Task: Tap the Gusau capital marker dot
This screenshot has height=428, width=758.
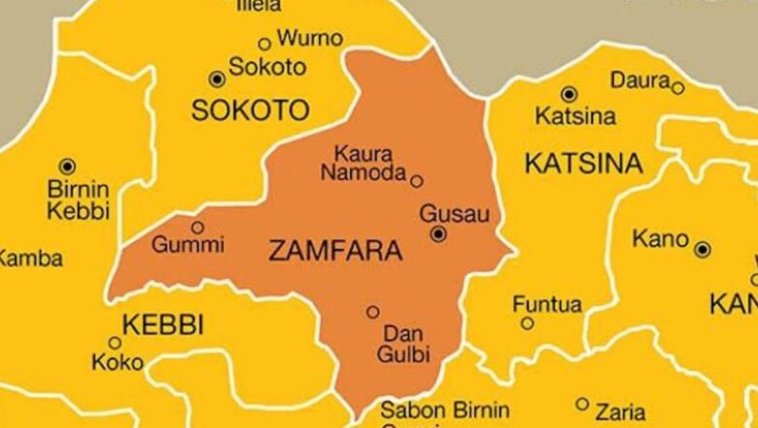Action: coord(438,233)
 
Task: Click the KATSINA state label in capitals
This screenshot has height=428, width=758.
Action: coord(583,163)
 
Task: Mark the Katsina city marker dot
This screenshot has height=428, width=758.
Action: coord(569,94)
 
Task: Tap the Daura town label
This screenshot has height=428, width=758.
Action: coord(640,80)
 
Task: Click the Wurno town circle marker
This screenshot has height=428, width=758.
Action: coord(264,44)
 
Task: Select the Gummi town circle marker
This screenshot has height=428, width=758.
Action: coord(198,227)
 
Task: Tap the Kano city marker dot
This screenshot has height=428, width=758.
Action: coord(703,250)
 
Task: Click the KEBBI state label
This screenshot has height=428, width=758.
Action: coord(162,326)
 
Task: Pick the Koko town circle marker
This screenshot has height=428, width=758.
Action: coord(115,342)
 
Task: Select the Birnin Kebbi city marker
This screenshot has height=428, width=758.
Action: coord(67,166)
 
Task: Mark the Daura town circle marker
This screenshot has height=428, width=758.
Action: coord(678,88)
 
